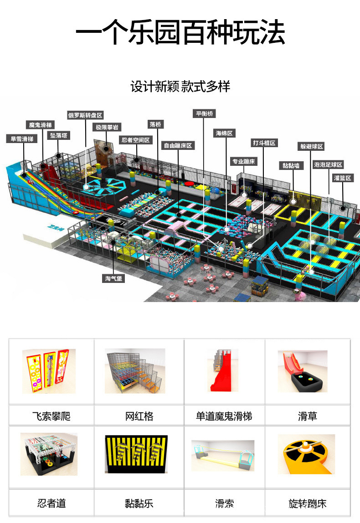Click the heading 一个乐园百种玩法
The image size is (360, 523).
[x=180, y=33]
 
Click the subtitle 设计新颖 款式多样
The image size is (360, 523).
[x=180, y=86]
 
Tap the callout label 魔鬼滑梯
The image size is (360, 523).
[x=41, y=125]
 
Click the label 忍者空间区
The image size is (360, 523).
[x=135, y=140]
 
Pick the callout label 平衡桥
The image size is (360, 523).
[x=204, y=113]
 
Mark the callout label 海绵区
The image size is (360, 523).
[x=224, y=133]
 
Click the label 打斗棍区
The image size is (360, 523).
[x=264, y=143]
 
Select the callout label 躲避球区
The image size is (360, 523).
[x=311, y=147]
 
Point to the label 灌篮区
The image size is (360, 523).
[x=343, y=178]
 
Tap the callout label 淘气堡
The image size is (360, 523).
[x=113, y=278]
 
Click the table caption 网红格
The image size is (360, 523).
[x=139, y=415]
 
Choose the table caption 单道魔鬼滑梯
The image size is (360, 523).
[x=224, y=415]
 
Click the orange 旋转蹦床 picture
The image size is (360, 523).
[x=306, y=454]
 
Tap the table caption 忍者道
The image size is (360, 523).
[x=51, y=503]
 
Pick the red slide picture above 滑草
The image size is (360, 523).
[x=303, y=371]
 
